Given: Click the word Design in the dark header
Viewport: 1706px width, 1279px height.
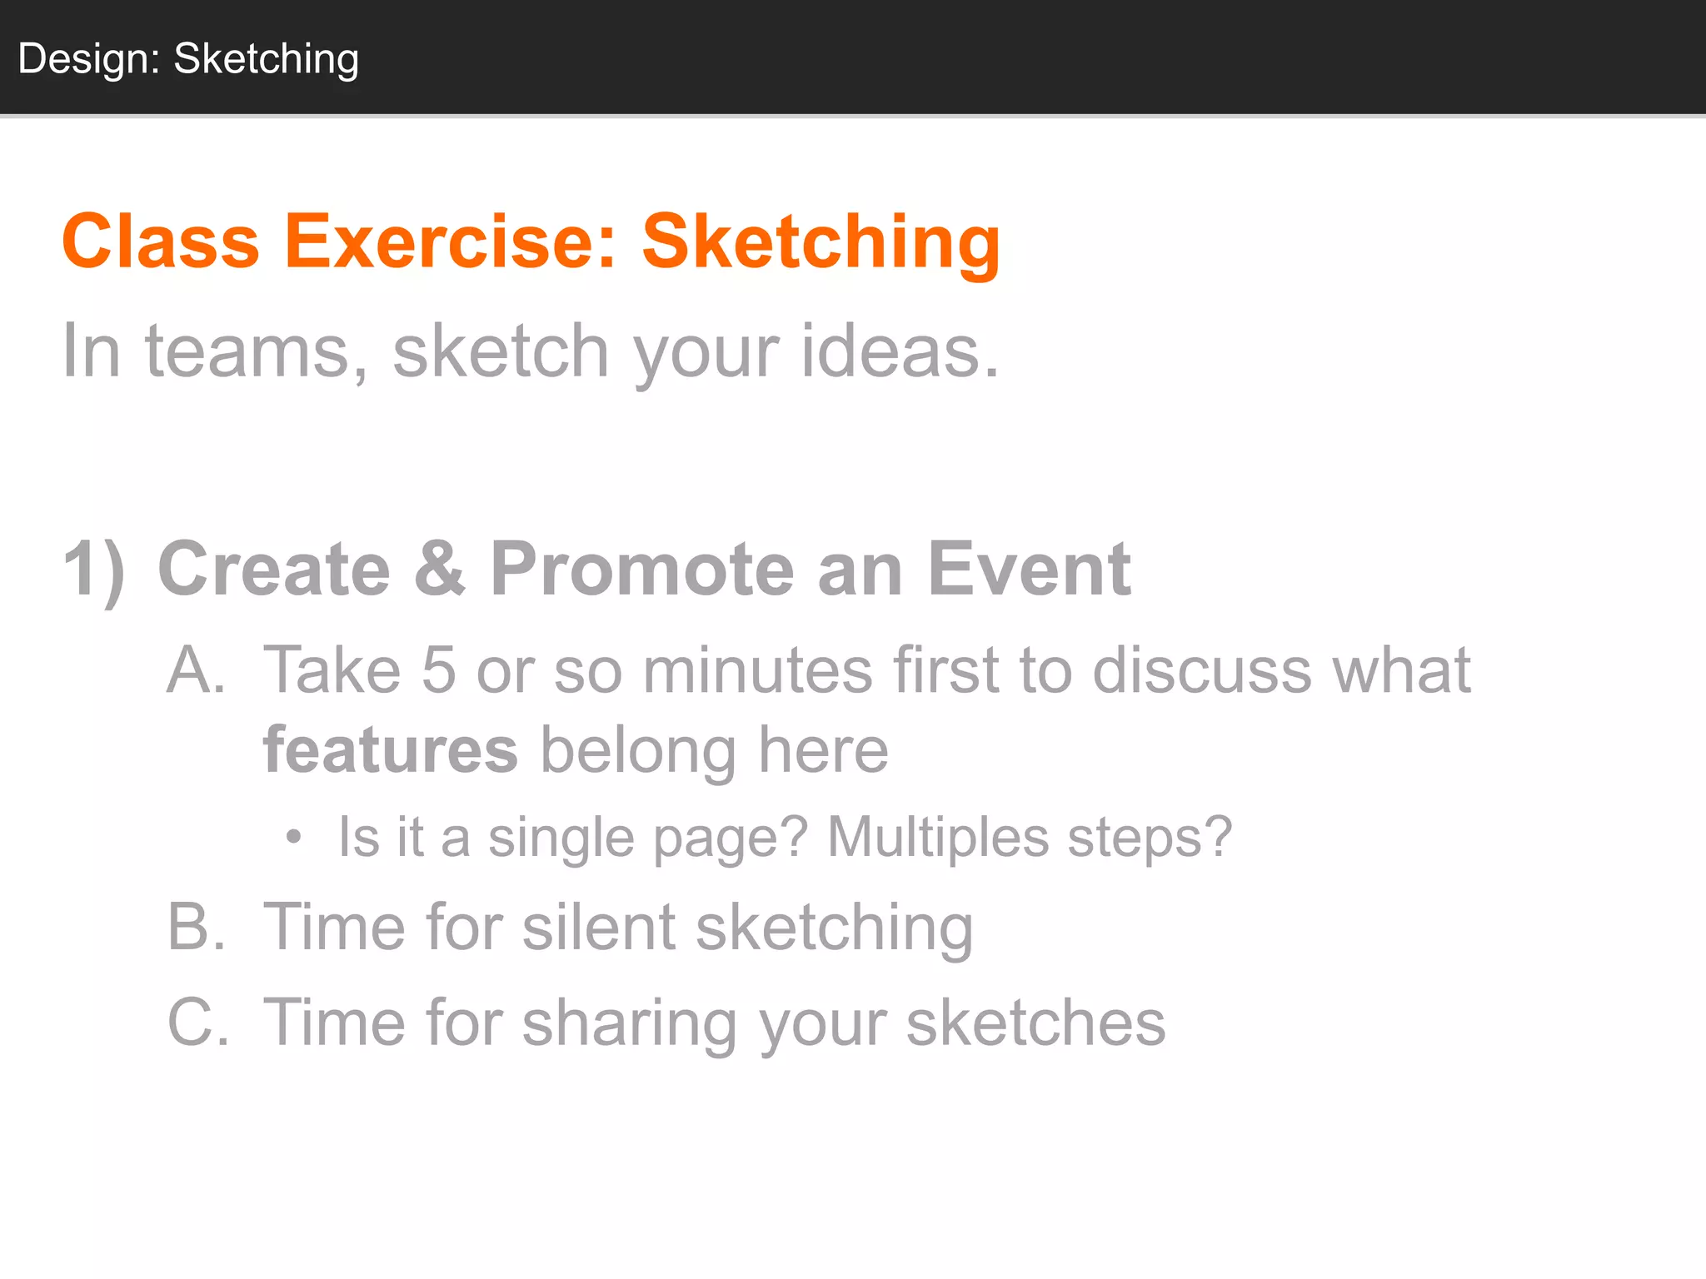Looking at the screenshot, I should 88,60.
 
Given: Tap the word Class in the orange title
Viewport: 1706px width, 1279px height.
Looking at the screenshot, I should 161,241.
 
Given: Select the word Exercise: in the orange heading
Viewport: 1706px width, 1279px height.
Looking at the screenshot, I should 451,241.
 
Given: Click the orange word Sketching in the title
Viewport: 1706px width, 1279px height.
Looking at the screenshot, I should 821,241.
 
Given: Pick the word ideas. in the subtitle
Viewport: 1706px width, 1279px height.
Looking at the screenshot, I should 900,351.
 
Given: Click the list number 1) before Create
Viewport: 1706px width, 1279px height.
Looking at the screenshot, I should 94,570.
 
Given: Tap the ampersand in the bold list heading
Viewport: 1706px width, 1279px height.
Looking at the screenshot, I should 439,570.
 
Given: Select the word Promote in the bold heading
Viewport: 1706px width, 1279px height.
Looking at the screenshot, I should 641,570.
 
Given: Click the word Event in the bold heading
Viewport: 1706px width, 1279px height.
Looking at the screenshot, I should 1029,570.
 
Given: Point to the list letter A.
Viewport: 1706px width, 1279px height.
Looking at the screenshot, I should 196,669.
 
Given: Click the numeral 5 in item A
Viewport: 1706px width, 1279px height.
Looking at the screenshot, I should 438,669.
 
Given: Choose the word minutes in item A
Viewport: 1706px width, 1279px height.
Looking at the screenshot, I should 757,669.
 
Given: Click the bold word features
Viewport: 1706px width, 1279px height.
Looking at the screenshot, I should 391,749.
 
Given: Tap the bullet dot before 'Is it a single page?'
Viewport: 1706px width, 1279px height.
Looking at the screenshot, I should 293,837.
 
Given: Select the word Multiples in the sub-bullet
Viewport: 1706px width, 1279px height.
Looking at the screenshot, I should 938,837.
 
